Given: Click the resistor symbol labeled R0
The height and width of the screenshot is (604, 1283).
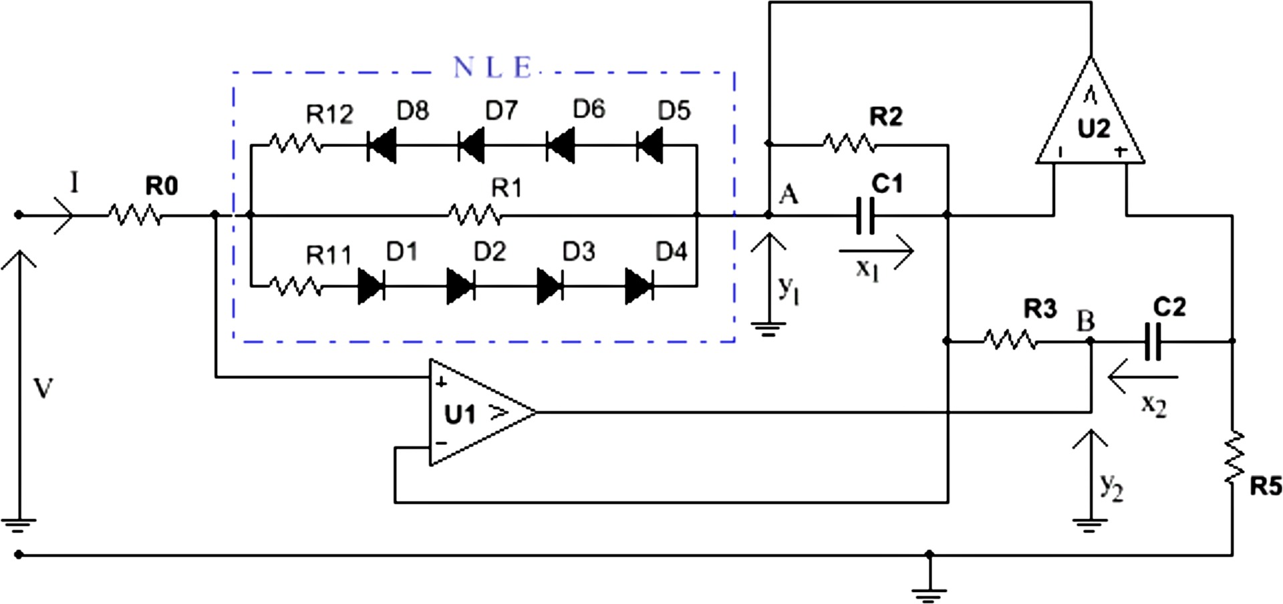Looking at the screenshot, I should [134, 215].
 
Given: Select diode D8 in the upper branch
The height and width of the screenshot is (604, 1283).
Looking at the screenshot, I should [382, 145].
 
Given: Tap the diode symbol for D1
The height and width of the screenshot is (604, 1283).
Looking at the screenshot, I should [372, 287].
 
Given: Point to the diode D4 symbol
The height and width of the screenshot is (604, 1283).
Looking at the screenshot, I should [639, 287].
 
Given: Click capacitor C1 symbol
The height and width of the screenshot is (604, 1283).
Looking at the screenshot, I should [865, 215].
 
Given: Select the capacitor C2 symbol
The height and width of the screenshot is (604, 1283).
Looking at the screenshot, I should [1153, 341].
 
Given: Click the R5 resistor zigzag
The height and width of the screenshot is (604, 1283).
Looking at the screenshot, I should [1234, 458].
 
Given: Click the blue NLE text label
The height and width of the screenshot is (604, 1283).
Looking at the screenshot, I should [492, 68].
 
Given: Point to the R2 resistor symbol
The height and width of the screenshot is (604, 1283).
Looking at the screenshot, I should [848, 144].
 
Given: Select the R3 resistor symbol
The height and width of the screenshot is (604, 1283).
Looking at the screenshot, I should [1010, 341].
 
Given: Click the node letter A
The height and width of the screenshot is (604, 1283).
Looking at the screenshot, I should [789, 195].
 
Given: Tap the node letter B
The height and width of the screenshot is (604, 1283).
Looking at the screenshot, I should [1086, 322].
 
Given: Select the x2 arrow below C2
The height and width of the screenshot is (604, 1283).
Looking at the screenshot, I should [1143, 378].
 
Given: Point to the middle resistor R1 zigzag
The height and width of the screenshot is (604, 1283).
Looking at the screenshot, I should [474, 215].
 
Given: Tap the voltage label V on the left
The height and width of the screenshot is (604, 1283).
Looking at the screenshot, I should [43, 388].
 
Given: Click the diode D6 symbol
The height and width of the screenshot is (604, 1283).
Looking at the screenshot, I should [561, 145].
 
